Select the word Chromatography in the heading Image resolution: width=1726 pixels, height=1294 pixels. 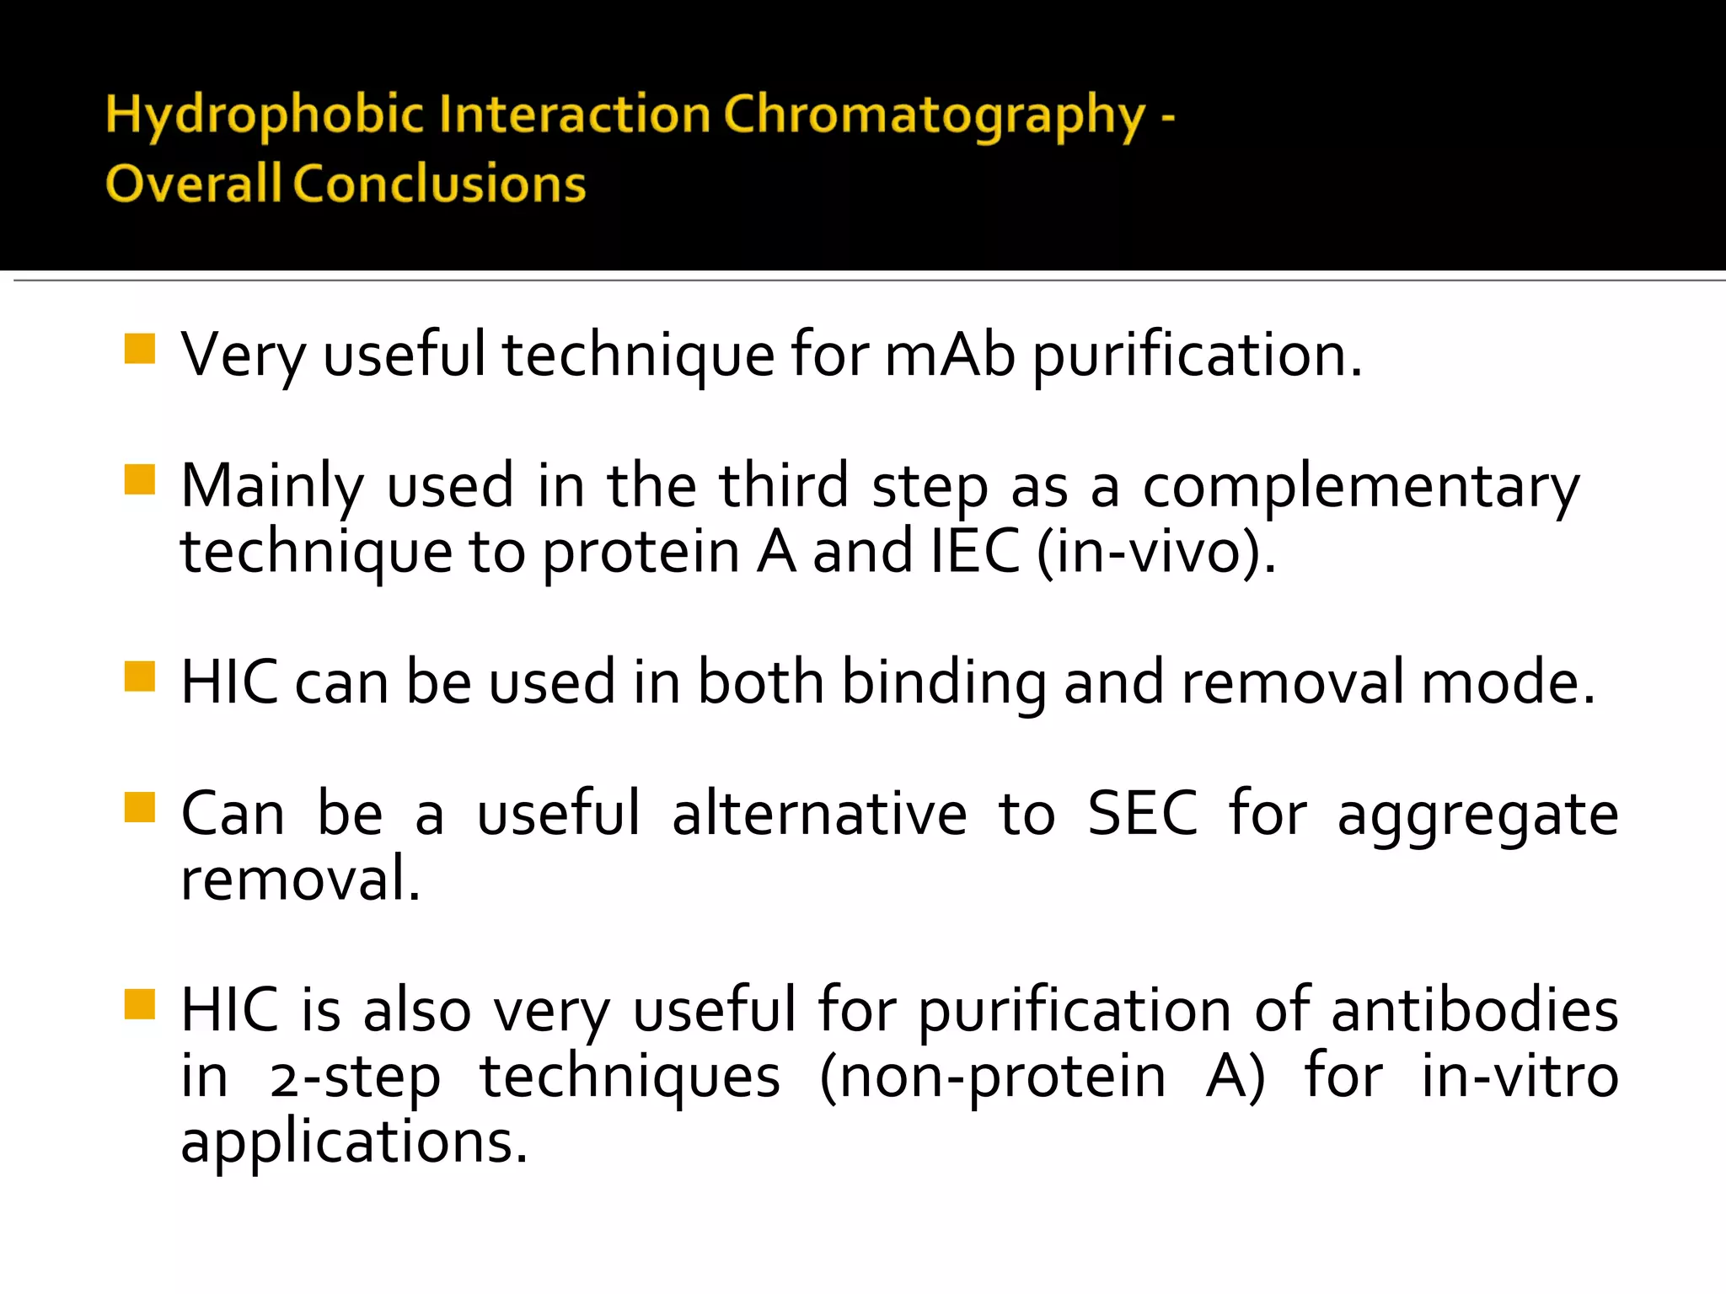click(x=934, y=115)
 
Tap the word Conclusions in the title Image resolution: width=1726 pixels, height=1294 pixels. click(x=439, y=184)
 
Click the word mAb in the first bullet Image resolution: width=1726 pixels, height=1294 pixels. click(x=950, y=355)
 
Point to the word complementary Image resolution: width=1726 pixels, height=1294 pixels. click(x=1360, y=488)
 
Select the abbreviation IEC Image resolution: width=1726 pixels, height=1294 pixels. click(x=975, y=552)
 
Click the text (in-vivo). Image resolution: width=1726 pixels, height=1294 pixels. click(x=1156, y=552)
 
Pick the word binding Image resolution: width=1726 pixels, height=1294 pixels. click(x=944, y=682)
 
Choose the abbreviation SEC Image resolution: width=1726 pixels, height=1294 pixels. click(x=1142, y=814)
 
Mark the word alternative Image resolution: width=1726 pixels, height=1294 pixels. click(x=818, y=814)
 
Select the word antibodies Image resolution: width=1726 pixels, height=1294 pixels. click(x=1474, y=1009)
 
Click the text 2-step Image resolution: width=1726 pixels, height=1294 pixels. click(x=355, y=1077)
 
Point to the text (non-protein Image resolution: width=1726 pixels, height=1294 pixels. click(x=993, y=1077)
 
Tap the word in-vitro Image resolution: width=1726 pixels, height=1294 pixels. click(x=1520, y=1076)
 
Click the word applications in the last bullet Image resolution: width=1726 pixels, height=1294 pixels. click(x=354, y=1143)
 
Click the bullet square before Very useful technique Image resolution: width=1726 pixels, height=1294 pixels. click(x=140, y=349)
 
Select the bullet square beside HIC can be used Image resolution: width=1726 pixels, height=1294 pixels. click(x=140, y=676)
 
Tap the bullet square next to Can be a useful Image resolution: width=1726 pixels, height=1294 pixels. click(x=140, y=807)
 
